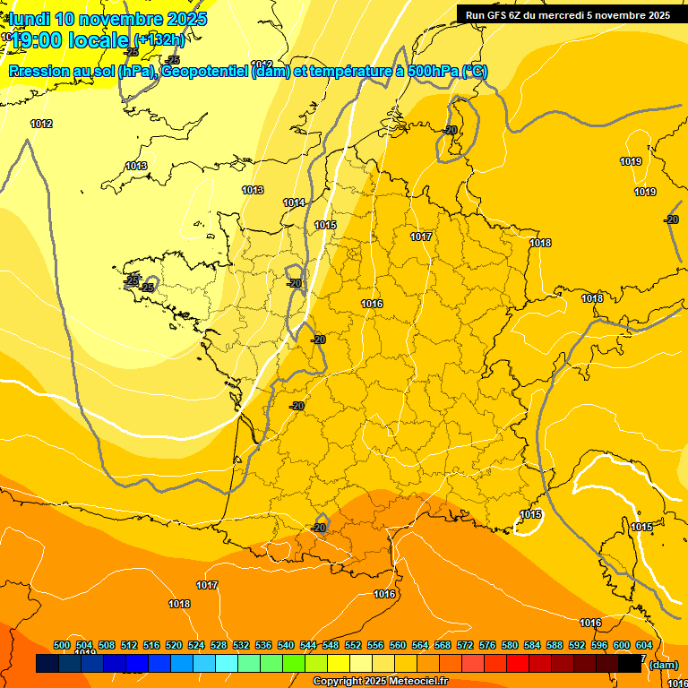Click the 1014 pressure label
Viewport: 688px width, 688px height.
tap(295, 202)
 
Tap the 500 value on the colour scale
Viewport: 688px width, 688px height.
tap(62, 645)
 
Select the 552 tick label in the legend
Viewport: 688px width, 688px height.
tap(353, 645)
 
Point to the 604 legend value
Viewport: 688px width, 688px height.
tap(644, 645)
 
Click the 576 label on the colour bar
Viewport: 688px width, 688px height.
tap(487, 645)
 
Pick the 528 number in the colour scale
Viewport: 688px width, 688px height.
tap(219, 645)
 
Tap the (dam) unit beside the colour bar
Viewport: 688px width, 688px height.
tap(663, 665)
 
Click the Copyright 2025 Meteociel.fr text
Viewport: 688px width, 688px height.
tap(380, 682)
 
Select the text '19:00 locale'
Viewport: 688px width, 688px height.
tap(71, 40)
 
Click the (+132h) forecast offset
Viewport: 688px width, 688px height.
tap(159, 39)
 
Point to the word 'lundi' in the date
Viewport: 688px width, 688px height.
tap(30, 19)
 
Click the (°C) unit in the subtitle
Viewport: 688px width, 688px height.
tap(474, 72)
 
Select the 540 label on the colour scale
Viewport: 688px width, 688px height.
tap(286, 645)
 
